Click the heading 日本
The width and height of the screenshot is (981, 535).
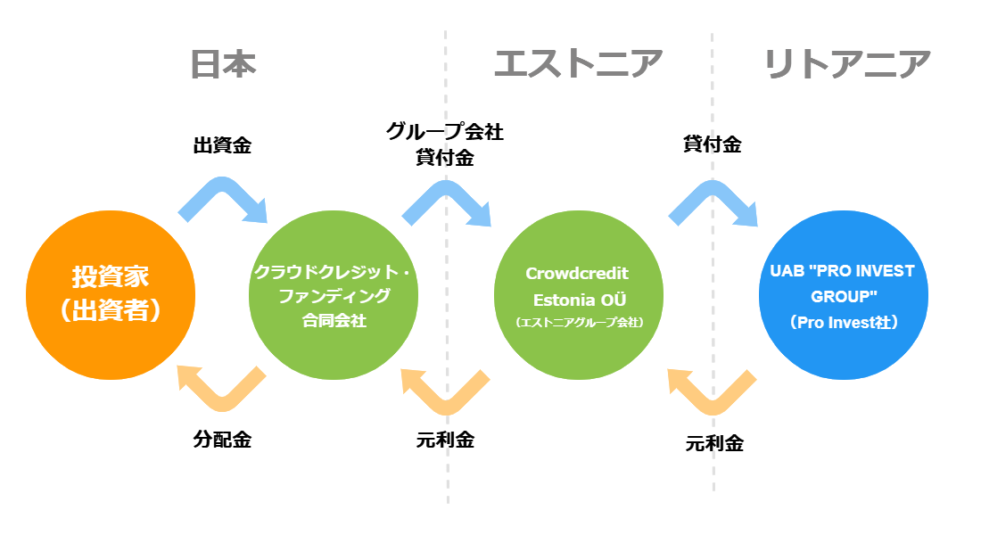pos(223,64)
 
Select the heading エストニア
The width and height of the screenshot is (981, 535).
pos(578,64)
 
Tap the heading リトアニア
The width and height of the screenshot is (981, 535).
pos(848,64)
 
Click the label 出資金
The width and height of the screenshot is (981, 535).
pos(222,145)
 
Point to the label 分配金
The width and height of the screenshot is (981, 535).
pos(222,440)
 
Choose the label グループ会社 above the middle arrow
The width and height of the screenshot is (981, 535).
pos(445,131)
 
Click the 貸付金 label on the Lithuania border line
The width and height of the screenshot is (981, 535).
pos(712,144)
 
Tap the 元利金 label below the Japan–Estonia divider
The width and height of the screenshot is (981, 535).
pos(445,440)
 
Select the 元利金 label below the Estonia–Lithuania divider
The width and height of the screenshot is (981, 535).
pos(714,444)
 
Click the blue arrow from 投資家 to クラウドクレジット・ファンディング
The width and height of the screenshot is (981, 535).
pos(222,188)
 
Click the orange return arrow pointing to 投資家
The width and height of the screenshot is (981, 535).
pos(222,400)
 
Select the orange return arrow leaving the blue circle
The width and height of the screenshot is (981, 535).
pos(713,404)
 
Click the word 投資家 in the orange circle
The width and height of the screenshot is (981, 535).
pos(110,276)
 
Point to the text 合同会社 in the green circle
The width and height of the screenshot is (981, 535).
pos(334,320)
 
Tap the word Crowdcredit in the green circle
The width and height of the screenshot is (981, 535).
pos(577,274)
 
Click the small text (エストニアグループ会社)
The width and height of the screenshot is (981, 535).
pos(580,322)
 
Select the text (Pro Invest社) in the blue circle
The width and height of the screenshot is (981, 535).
pos(844,322)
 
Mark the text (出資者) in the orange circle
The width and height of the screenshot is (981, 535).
pos(110,310)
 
